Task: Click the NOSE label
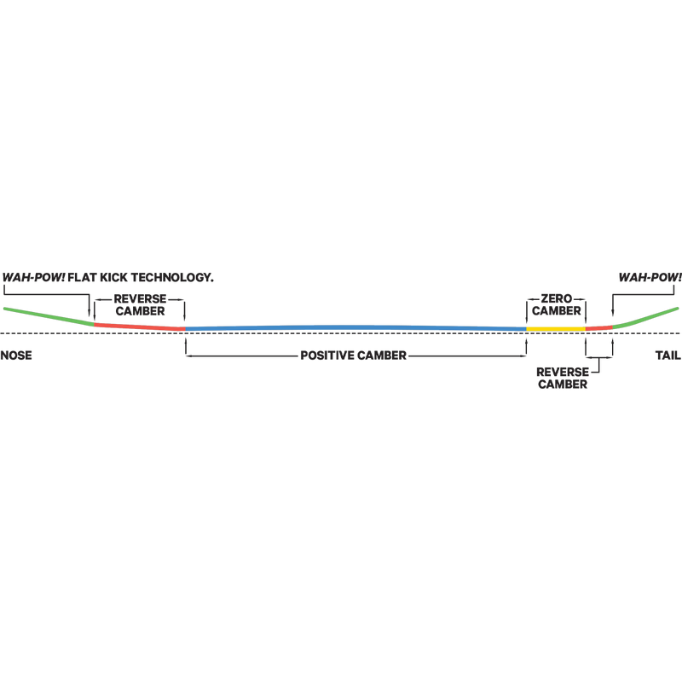point(16,355)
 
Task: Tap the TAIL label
point(668,355)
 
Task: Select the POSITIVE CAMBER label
point(353,355)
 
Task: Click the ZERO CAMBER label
point(557,304)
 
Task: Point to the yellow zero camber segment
point(556,329)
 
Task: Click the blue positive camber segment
point(355,327)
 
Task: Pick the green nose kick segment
point(49,316)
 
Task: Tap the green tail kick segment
point(645,318)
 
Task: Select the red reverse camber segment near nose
point(140,327)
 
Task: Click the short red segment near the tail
point(599,328)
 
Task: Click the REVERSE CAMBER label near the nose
point(140,305)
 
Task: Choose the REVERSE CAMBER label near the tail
point(563,378)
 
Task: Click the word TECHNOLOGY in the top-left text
point(172,278)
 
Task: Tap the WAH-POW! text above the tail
point(650,278)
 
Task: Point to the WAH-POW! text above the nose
point(34,278)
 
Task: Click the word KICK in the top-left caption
point(114,278)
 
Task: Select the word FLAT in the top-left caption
point(82,278)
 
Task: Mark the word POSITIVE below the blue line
point(328,355)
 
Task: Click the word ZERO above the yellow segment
point(557,299)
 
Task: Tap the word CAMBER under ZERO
point(557,310)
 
